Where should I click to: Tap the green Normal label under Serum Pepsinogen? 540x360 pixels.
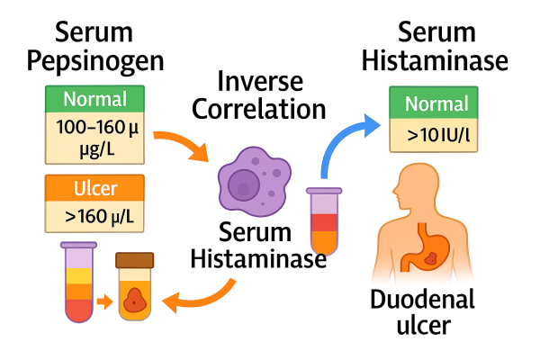95,100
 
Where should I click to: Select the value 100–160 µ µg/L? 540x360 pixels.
95,137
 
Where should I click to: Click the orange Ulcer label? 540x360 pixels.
95,189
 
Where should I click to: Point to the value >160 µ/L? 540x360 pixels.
95,217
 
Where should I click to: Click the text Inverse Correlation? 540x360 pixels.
271,96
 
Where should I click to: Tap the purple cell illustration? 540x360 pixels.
254,179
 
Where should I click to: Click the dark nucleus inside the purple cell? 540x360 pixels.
242,185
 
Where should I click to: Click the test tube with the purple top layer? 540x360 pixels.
79,283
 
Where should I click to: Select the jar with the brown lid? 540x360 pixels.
136,287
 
